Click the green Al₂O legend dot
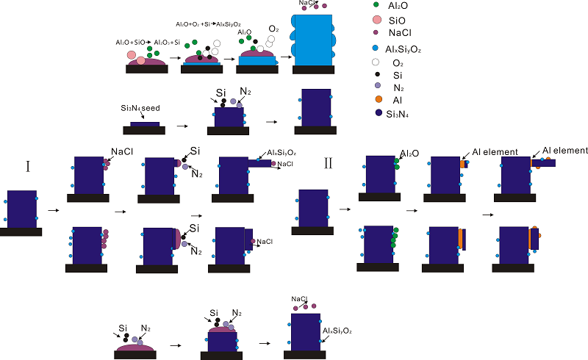377,5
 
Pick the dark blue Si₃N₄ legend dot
377,113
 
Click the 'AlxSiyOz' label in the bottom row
337,332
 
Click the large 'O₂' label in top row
273,29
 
